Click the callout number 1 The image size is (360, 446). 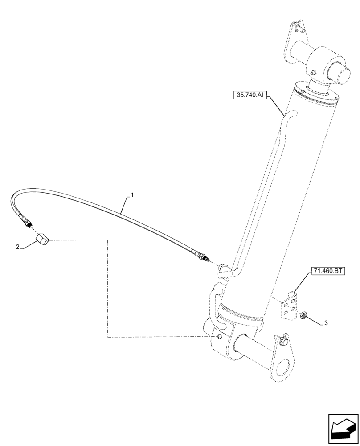pos(131,195)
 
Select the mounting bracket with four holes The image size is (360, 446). pos(289,306)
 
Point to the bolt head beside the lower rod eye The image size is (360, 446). pos(283,343)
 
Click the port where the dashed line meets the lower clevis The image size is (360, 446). pos(219,337)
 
